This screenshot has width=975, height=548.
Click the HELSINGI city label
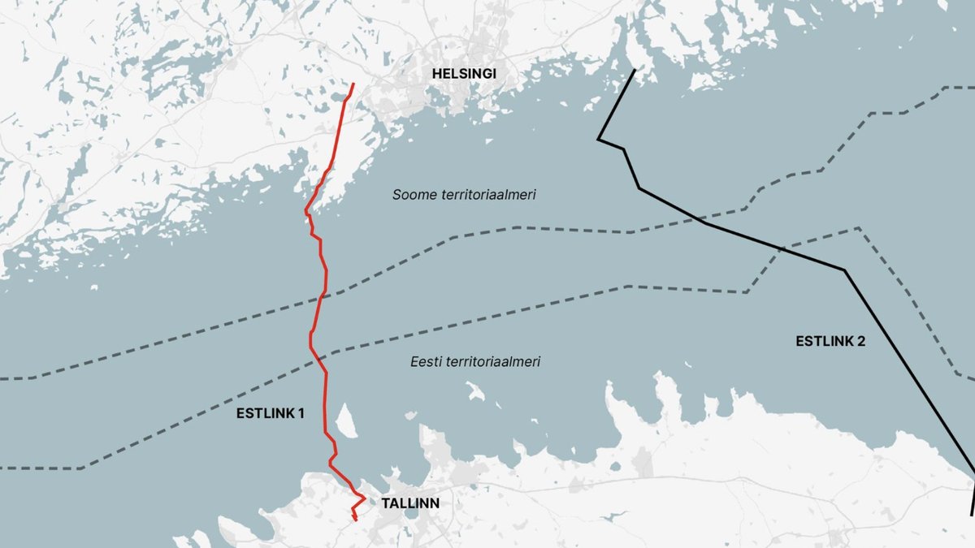(x=464, y=74)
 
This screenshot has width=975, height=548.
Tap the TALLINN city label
(x=410, y=503)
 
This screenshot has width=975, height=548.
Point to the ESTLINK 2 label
(x=830, y=341)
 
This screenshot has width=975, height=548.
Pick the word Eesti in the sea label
(x=426, y=362)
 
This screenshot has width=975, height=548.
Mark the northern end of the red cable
(x=353, y=84)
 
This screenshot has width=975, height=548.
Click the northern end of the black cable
(x=634, y=71)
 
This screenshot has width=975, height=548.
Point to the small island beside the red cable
(x=344, y=420)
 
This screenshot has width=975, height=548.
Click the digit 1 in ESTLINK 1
(x=301, y=413)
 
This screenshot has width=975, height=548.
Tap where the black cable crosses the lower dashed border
(x=778, y=248)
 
